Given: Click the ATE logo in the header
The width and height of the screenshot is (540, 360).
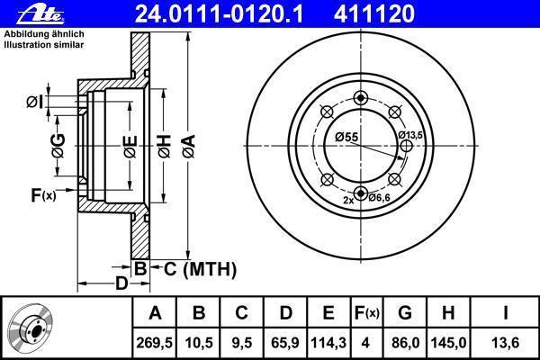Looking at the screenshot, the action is click(x=40, y=15).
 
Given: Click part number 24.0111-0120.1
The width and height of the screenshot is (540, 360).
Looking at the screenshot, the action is click(x=219, y=13).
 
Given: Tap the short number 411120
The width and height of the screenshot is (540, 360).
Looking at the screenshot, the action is click(x=374, y=13).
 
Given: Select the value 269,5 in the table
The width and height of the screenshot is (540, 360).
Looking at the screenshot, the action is click(x=154, y=343).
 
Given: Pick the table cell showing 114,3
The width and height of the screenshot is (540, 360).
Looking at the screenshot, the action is click(x=328, y=343).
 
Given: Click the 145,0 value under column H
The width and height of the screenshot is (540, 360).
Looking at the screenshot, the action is click(x=448, y=343).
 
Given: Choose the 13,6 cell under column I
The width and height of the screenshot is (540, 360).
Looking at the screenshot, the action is click(x=505, y=343).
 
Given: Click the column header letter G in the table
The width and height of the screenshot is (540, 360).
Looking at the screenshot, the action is click(x=405, y=313).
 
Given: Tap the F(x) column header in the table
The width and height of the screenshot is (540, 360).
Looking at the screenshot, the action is click(x=367, y=313).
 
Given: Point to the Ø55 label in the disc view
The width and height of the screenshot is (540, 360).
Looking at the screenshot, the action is click(x=346, y=137).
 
